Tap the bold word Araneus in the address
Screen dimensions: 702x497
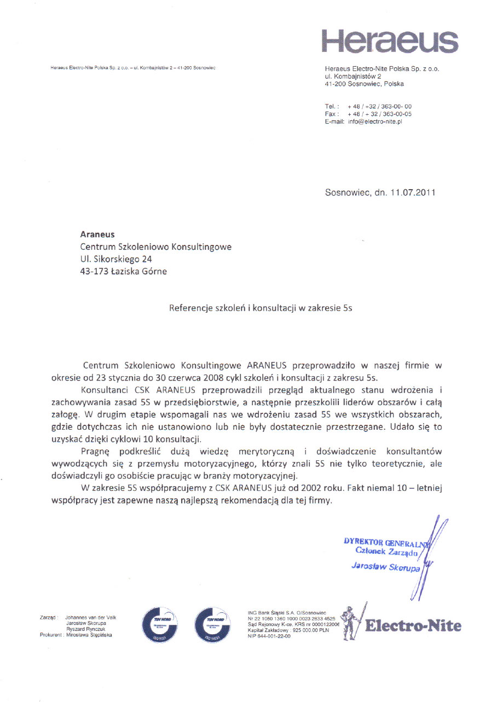(x=97, y=235)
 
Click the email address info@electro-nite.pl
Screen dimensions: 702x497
(x=375, y=122)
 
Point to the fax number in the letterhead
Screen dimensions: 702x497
(x=380, y=114)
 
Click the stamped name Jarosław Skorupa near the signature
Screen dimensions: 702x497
(x=385, y=567)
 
